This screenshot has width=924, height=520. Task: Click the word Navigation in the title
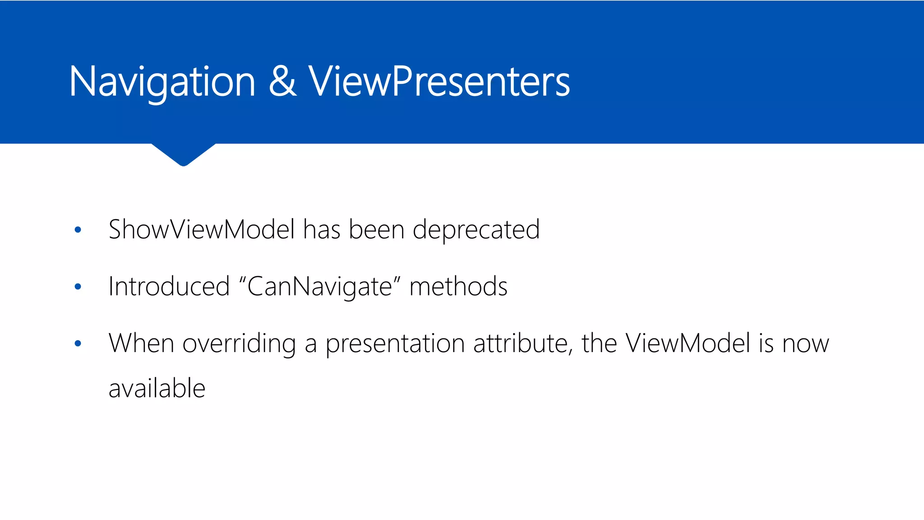tap(162, 82)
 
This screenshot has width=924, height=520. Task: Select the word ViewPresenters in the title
tap(439, 82)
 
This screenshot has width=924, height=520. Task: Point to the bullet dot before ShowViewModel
tap(78, 230)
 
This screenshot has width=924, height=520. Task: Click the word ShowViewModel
tap(202, 229)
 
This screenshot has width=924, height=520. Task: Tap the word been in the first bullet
tap(376, 229)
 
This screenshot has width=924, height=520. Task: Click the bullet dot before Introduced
tap(78, 287)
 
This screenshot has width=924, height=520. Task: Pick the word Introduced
tap(169, 287)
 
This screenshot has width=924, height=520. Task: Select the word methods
tap(458, 287)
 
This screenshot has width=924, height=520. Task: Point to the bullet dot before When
tap(78, 344)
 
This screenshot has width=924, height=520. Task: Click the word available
tap(157, 389)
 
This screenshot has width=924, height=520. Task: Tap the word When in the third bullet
tap(141, 343)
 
